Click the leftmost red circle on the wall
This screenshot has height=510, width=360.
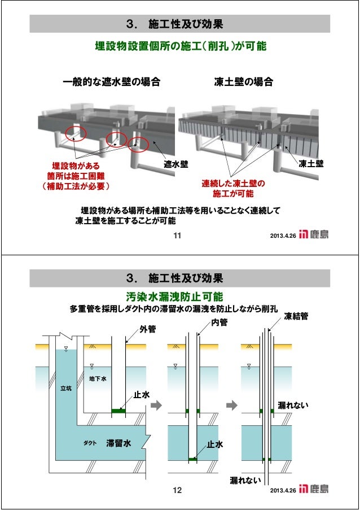coord(75,133)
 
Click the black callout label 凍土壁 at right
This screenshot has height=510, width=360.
coord(311,164)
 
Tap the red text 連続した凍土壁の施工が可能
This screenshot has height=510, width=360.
coord(234,189)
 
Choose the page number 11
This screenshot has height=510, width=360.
coord(176,236)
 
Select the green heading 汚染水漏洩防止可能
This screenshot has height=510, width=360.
coord(174,297)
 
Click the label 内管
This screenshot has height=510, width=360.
coord(219,322)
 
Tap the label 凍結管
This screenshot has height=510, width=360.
coord(296,316)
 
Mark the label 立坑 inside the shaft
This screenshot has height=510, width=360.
coord(66,388)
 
